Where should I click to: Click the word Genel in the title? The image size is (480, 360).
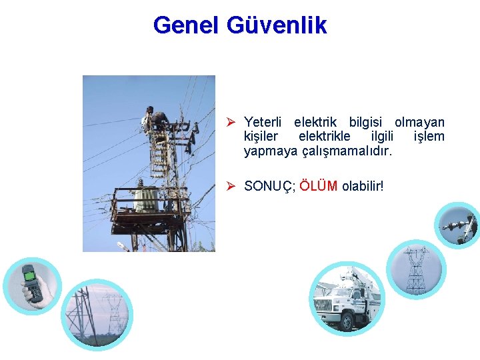pyautogui.click(x=187, y=25)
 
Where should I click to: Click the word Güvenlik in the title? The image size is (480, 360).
pyautogui.click(x=277, y=25)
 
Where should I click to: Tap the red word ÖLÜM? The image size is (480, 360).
pyautogui.click(x=319, y=185)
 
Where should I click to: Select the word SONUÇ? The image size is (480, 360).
pyautogui.click(x=269, y=185)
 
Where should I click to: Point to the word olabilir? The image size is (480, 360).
pyautogui.click(x=363, y=185)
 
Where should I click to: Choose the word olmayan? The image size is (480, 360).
pyautogui.click(x=419, y=122)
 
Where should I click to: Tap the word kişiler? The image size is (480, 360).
pyautogui.click(x=263, y=137)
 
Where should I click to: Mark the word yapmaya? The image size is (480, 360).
pyautogui.click(x=270, y=151)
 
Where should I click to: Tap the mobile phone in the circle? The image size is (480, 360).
pyautogui.click(x=31, y=283)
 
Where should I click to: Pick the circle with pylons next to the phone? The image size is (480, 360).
pyautogui.click(x=97, y=313)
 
